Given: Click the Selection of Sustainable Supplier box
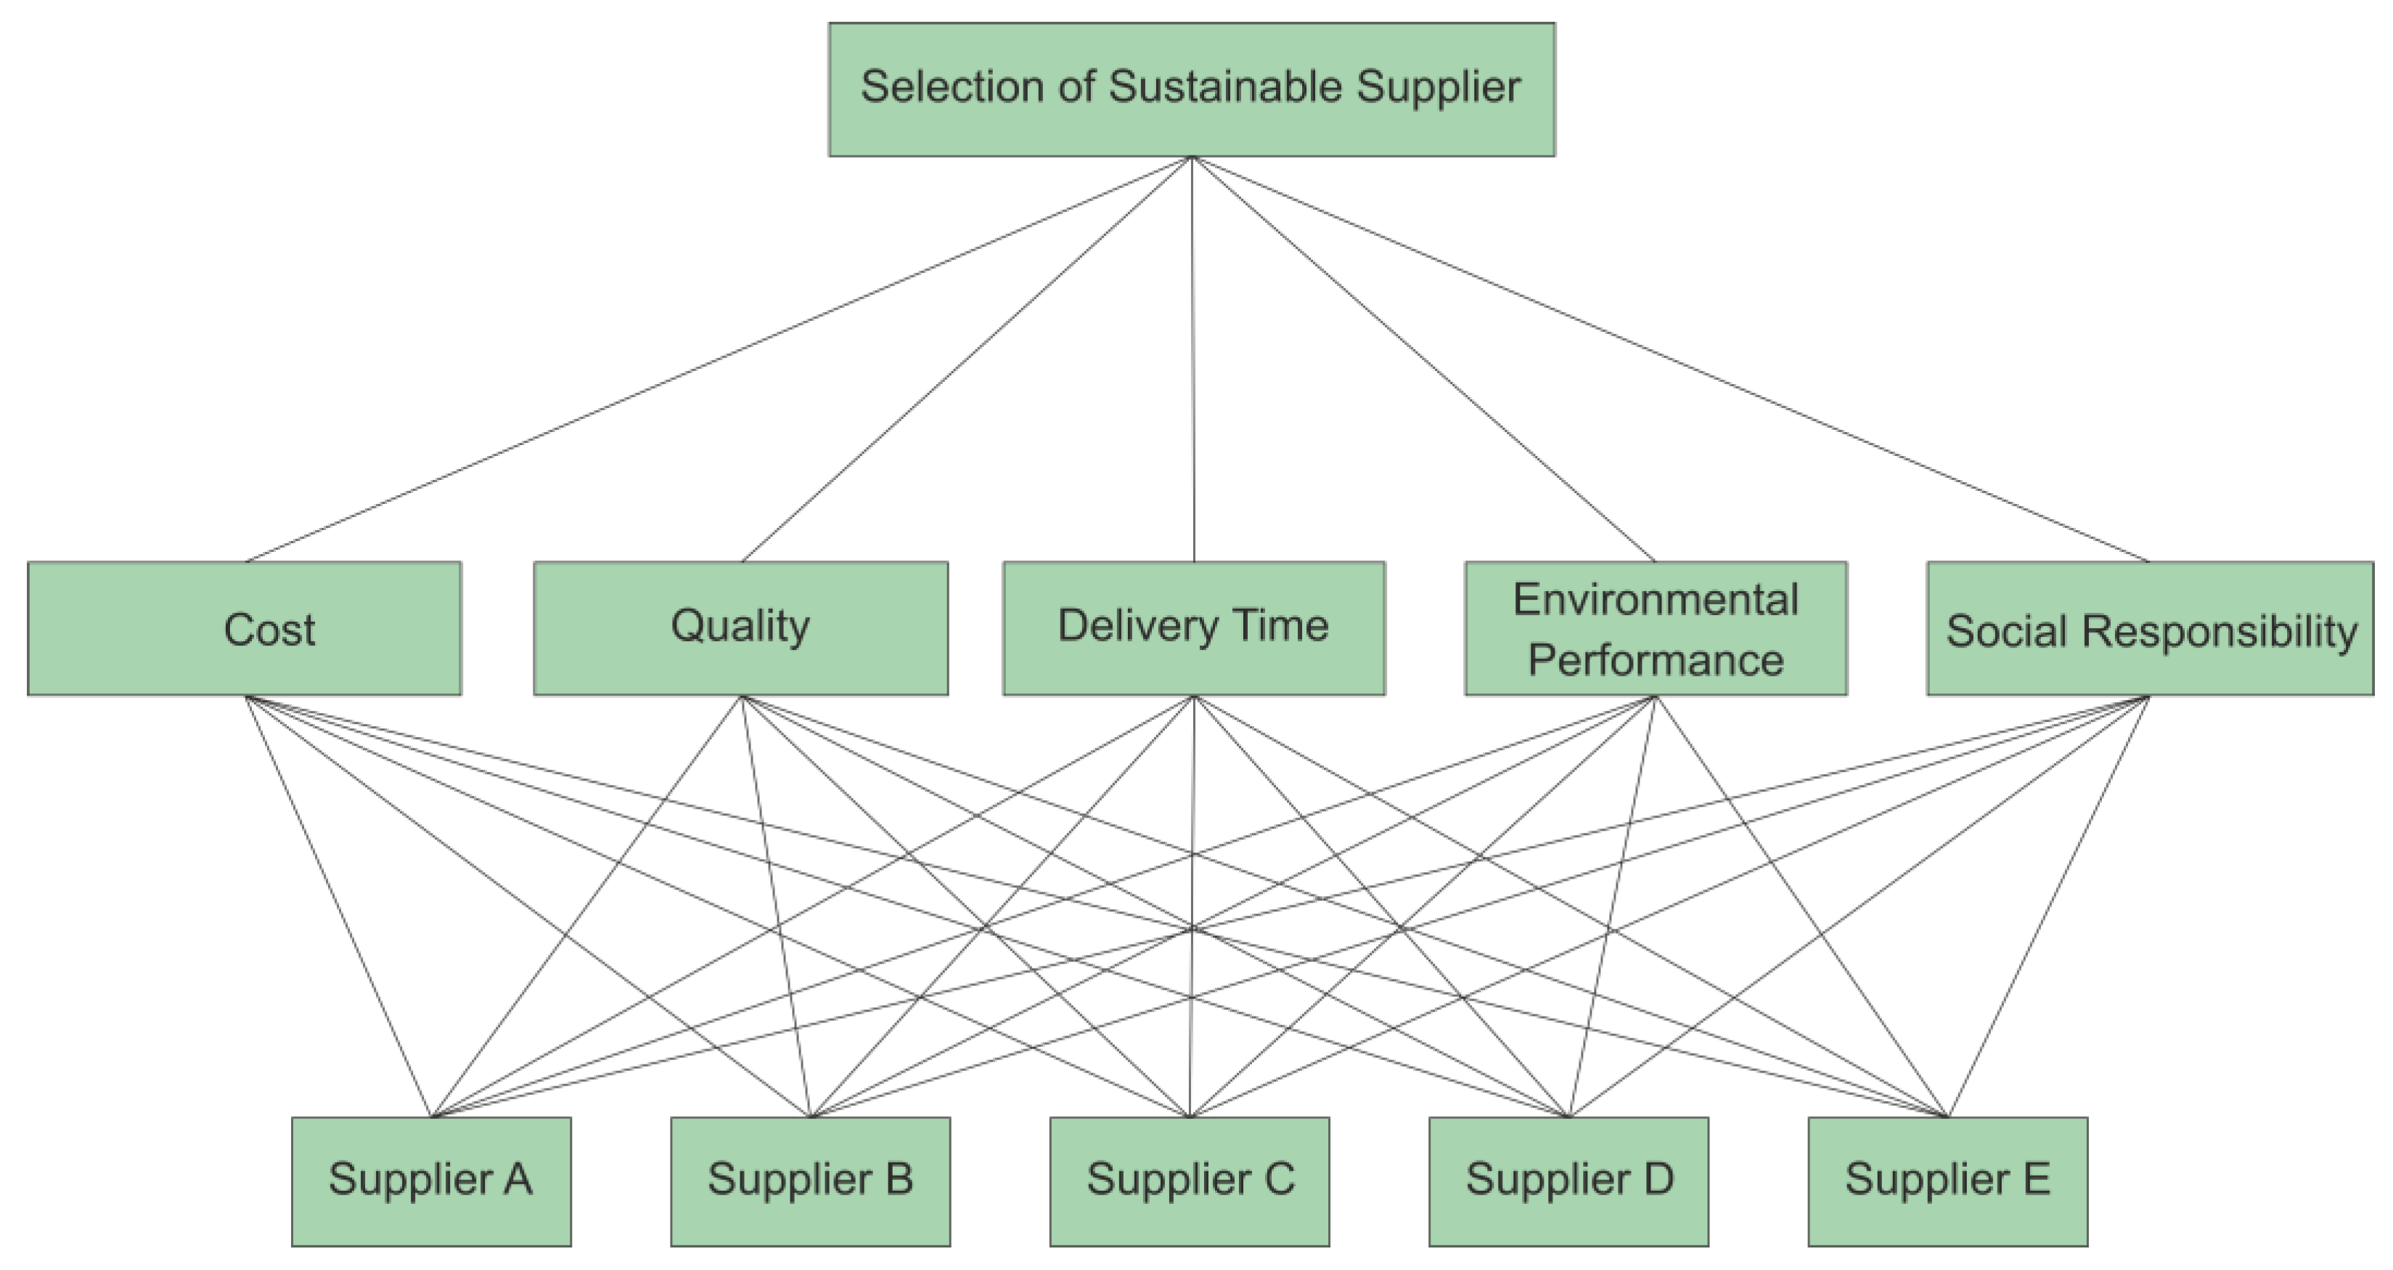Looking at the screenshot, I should [x=1191, y=89].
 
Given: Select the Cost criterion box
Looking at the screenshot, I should [x=245, y=628].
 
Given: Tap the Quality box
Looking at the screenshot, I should [x=740, y=628].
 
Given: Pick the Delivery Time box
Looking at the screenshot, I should [x=1194, y=628].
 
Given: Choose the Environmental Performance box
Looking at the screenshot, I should [x=1656, y=628].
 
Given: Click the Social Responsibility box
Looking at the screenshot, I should [x=2150, y=628].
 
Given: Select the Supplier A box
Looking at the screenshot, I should [x=431, y=1181].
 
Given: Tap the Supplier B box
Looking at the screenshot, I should [x=810, y=1181].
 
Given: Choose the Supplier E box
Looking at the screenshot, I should [x=1947, y=1181].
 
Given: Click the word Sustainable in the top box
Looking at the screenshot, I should [x=1225, y=86].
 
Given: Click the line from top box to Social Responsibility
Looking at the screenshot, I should [x=1670, y=359].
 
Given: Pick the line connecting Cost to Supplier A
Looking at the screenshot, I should [x=338, y=907].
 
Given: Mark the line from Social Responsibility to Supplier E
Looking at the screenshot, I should [x=2048, y=907].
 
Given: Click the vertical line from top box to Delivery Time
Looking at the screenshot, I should [x=1193, y=359].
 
